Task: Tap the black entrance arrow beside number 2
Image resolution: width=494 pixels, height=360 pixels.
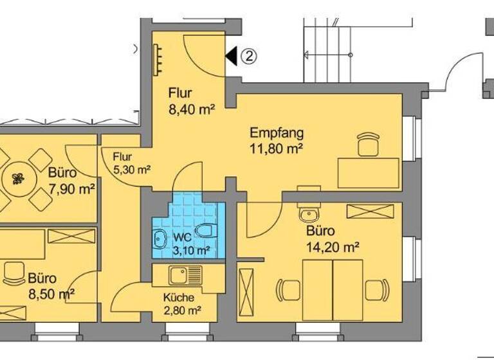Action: (231, 57)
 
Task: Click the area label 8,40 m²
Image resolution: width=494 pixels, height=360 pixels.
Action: (191, 110)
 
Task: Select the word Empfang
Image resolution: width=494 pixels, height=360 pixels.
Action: (277, 134)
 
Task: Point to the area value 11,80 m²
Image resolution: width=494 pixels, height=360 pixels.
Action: (277, 149)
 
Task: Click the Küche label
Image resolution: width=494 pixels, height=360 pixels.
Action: (177, 298)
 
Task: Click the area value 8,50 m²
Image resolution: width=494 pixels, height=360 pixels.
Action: (51, 294)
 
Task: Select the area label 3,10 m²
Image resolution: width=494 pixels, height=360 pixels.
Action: (190, 251)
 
